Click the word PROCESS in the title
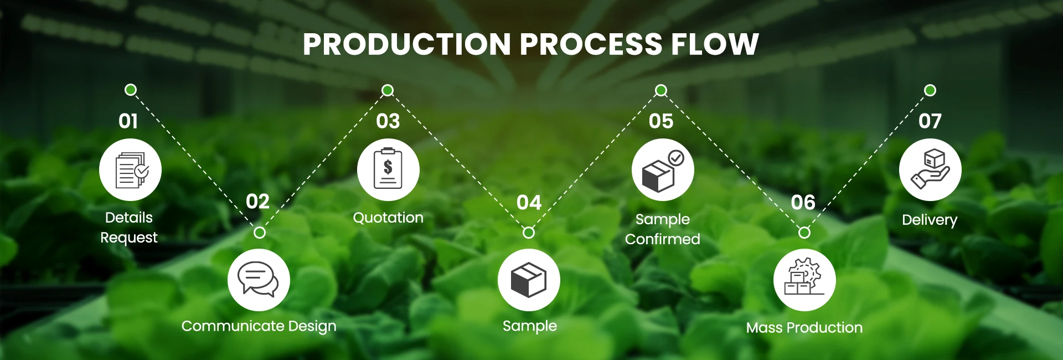coord(591,44)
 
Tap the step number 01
coord(128,121)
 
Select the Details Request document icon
coord(131,169)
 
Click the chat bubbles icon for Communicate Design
coord(259,280)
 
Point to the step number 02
coord(257,202)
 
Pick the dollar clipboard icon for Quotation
coord(388,169)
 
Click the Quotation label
coord(388,218)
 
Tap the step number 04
coord(529,203)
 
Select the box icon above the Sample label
coord(529,280)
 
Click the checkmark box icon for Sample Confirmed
coord(663,170)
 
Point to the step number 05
coord(661,121)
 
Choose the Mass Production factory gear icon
coord(804,279)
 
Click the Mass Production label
coord(804,327)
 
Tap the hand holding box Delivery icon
coord(930,169)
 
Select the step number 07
coord(930,121)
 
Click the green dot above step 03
coord(388,90)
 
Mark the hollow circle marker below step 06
coord(804,233)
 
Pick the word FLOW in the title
coord(715,44)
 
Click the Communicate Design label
coord(259,326)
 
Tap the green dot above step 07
coord(930,90)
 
